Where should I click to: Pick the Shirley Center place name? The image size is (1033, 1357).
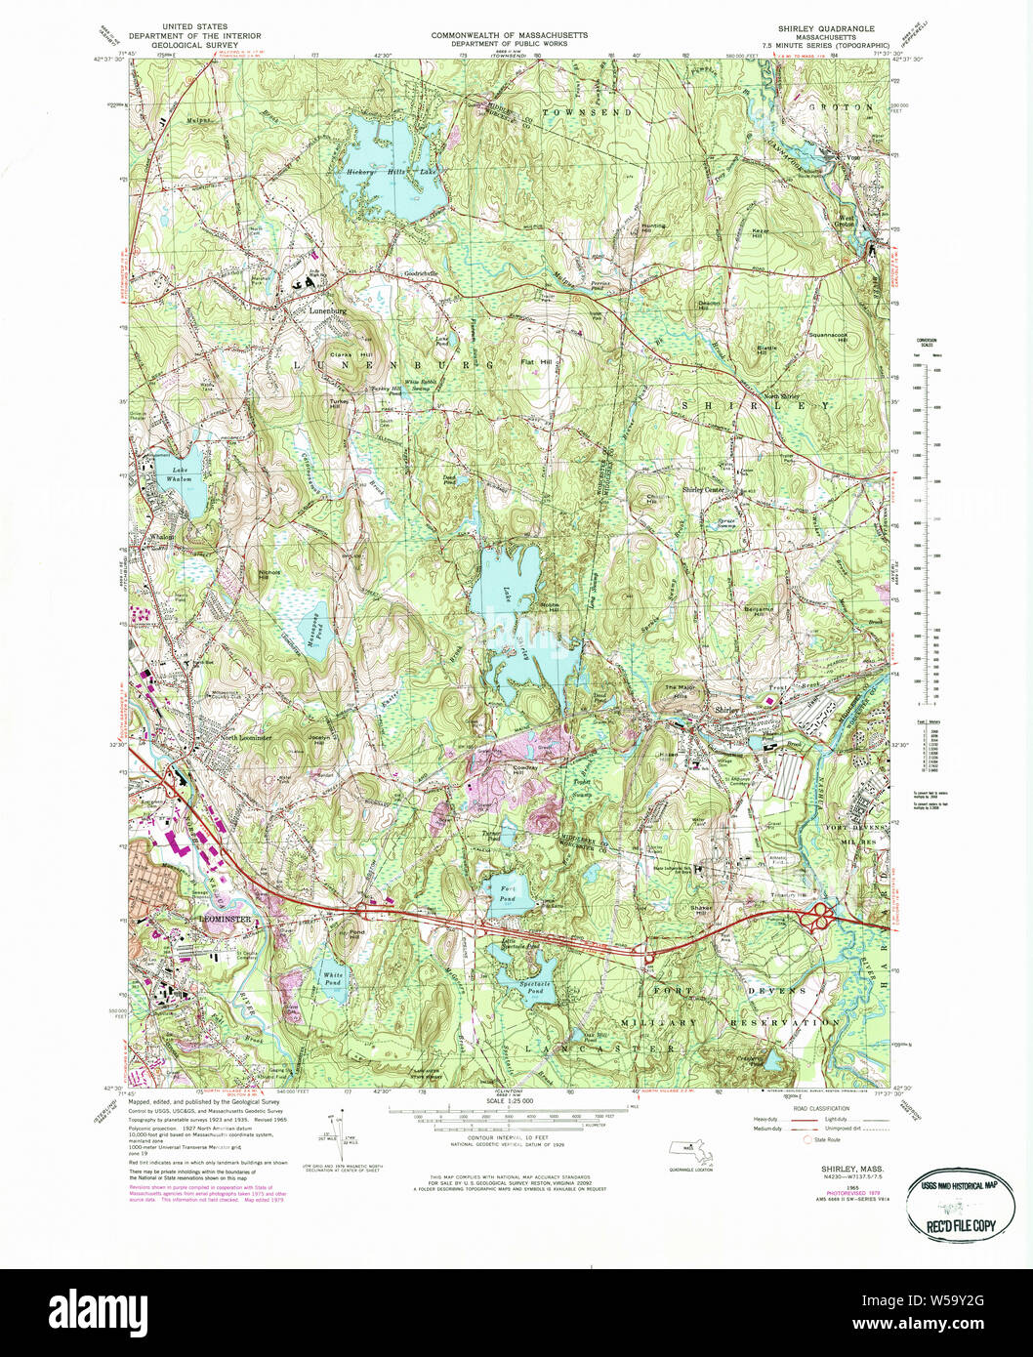(703, 490)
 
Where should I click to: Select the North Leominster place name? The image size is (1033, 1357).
(245, 738)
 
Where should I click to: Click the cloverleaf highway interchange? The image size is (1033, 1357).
(819, 916)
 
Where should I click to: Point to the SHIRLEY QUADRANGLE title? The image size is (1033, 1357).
(826, 29)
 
